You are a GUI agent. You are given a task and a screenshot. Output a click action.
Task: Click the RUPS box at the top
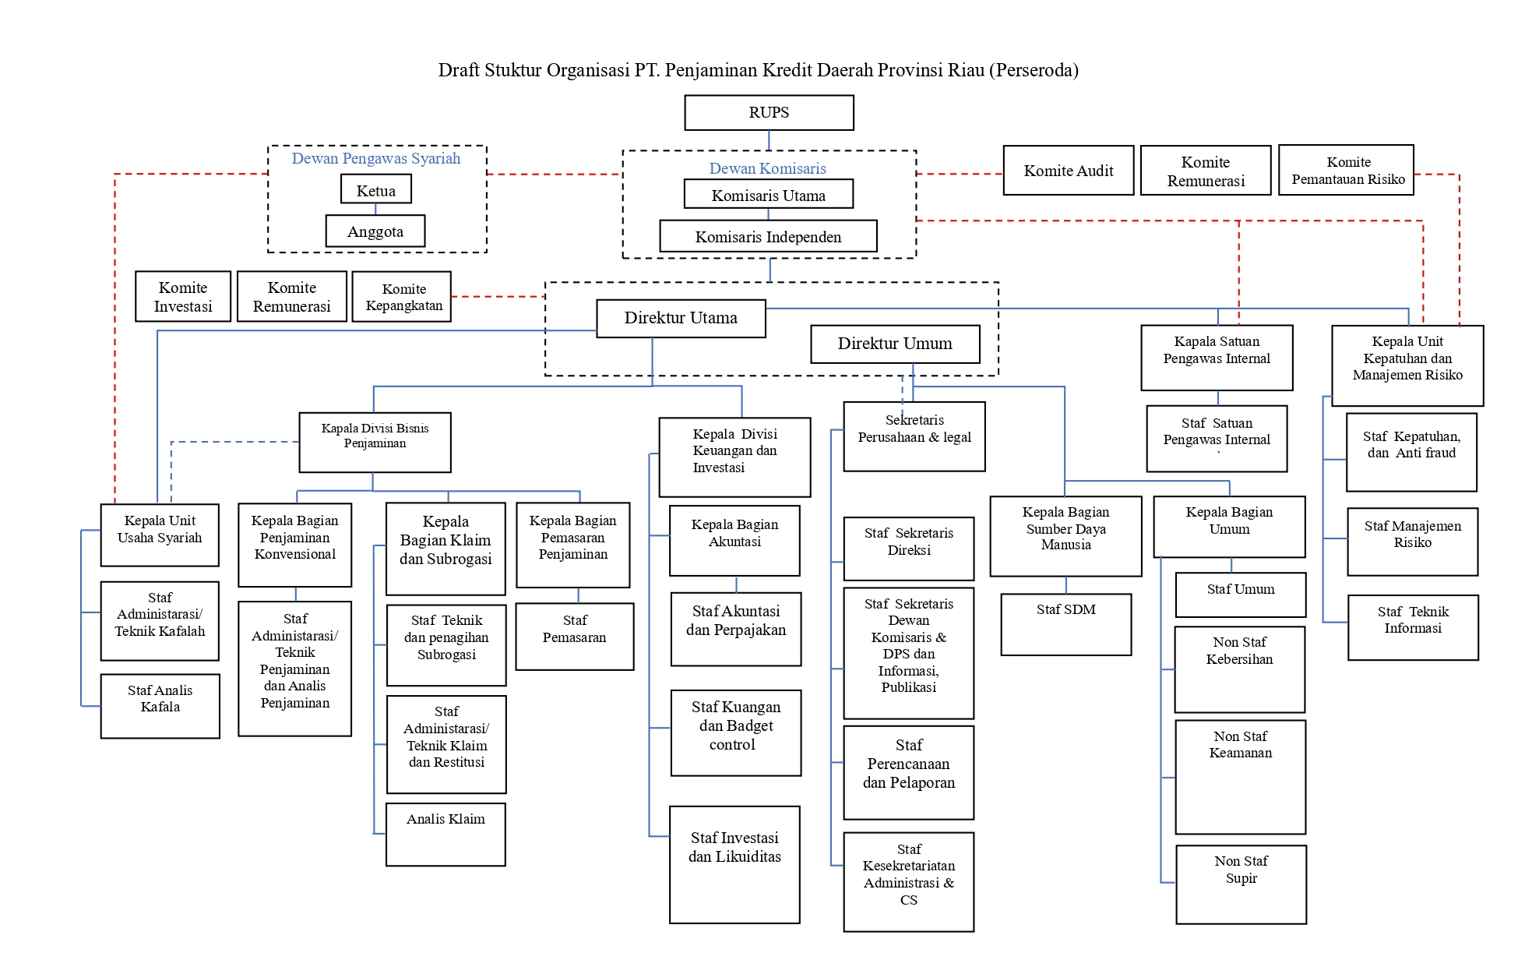pos(769,113)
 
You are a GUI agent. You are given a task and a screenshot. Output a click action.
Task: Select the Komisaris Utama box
pos(768,195)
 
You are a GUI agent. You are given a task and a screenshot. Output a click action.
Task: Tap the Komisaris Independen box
pos(768,236)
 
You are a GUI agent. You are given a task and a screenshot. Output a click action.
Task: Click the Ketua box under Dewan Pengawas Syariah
pos(375,189)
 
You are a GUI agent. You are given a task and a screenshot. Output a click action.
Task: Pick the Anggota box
pos(375,231)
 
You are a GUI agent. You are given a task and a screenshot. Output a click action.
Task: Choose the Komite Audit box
pos(1068,171)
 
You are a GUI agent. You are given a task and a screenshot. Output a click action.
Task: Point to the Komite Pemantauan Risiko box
pos(1346,171)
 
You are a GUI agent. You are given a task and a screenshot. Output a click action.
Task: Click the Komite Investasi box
pos(183,297)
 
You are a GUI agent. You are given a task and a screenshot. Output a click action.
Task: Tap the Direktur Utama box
pos(680,318)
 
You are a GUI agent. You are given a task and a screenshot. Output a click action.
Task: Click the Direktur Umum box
pos(894,344)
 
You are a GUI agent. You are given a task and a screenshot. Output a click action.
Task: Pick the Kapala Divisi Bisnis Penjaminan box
pos(375,442)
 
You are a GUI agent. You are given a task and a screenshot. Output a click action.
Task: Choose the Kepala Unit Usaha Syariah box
pos(160,535)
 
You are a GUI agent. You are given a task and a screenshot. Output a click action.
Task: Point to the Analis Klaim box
pos(446,834)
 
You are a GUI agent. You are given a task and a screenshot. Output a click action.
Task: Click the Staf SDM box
pos(1065,624)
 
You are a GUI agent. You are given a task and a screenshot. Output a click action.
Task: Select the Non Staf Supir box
pos(1241,884)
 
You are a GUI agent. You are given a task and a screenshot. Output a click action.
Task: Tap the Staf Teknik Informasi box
pos(1413,627)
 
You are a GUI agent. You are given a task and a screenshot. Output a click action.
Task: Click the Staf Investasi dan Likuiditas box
pos(734,864)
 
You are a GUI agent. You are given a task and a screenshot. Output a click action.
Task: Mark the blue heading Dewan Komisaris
pos(767,168)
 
